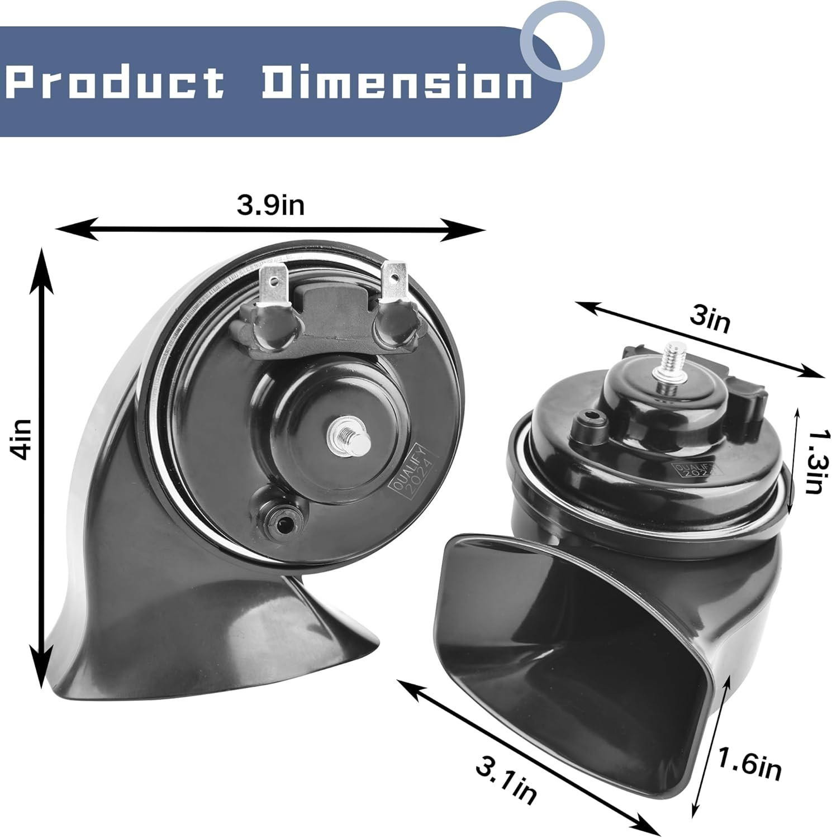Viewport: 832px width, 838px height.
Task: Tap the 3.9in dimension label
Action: pos(271,204)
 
